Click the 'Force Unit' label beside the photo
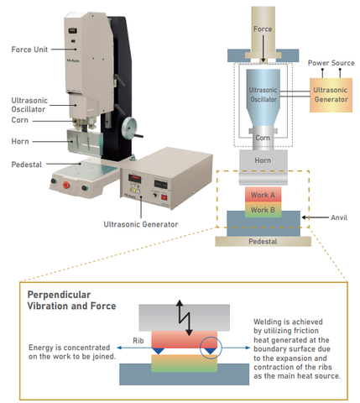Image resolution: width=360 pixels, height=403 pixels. click(29, 49)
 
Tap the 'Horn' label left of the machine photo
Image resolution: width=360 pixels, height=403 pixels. click(22, 141)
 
